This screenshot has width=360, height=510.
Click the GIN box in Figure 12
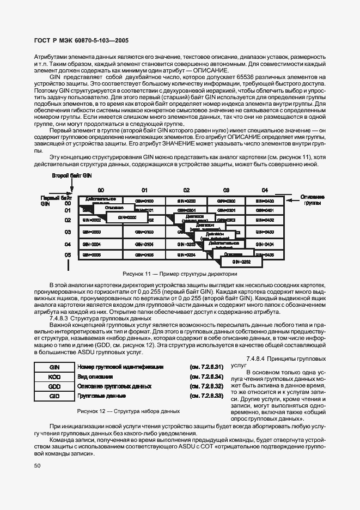point(53,367)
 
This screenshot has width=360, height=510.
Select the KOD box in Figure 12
point(53,377)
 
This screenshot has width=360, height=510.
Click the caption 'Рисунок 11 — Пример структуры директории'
point(180,274)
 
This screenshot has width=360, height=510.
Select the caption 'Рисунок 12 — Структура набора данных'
point(129,411)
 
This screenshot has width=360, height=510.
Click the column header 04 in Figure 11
point(265,190)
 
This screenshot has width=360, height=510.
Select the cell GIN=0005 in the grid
point(91,255)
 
